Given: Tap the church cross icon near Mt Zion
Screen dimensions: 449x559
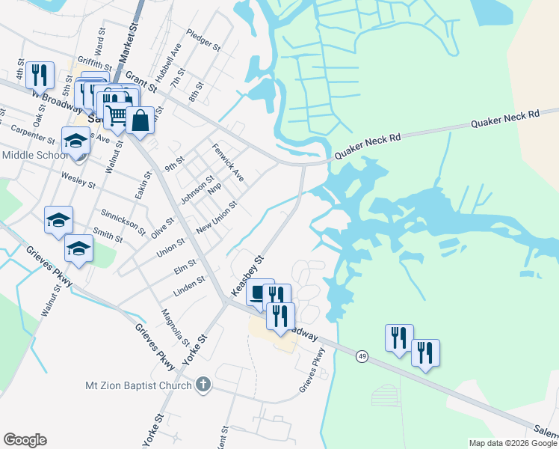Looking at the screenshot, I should point(202,385).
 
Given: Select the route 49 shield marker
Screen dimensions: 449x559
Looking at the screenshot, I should point(362,355).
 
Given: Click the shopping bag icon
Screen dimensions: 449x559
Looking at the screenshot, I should point(140,119).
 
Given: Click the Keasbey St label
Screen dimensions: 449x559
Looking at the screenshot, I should point(249,275).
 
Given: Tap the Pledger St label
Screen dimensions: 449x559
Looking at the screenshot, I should point(204,41).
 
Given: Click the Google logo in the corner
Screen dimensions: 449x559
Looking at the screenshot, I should point(25,440).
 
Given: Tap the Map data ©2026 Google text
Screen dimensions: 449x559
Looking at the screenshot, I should point(512,443).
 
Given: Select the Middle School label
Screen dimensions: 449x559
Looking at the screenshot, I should point(34,155).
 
